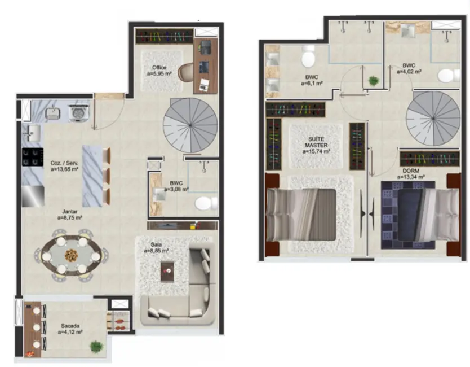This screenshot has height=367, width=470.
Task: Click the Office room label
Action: tap(159, 68)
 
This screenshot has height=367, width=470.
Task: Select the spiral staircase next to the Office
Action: tap(190, 125)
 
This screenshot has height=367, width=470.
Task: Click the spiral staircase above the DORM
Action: tap(433, 117)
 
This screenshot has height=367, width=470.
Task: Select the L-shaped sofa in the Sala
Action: tap(186, 294)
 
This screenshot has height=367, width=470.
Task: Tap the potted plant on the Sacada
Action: tap(97, 345)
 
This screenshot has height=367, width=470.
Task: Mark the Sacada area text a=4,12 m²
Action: tap(70, 333)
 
